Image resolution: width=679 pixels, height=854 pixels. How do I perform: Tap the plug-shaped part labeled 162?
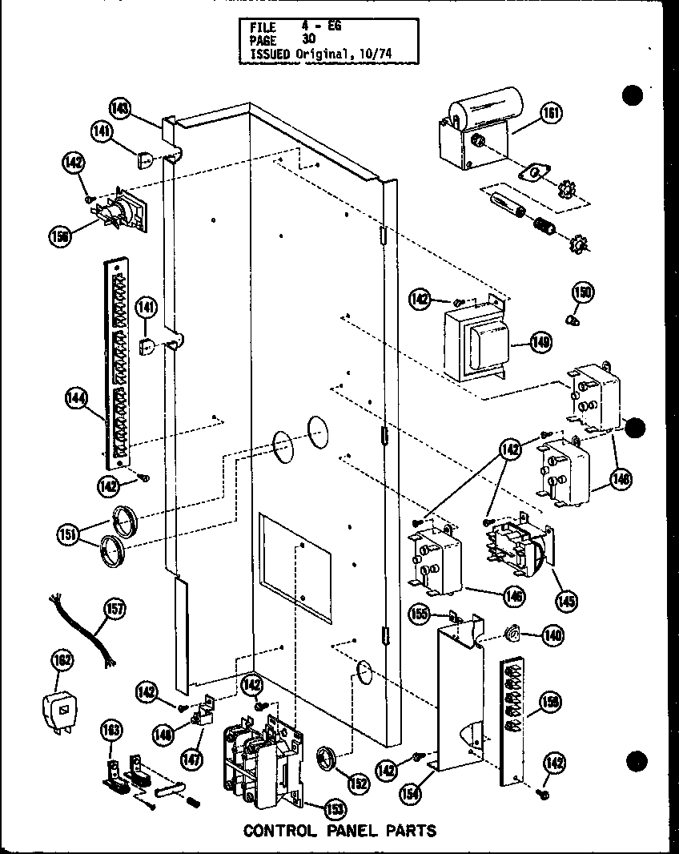tap(58, 708)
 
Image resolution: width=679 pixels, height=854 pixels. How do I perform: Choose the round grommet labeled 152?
tap(327, 756)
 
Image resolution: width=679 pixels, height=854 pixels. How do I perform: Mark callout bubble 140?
tap(551, 636)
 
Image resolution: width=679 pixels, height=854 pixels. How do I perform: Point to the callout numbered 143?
tap(120, 107)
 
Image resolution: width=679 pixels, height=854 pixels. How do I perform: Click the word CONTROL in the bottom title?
tap(279, 830)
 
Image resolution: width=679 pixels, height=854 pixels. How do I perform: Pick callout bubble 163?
tap(111, 731)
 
